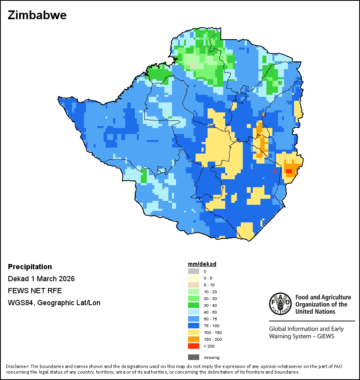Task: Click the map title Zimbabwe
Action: coord(37,15)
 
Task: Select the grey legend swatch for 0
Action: coord(194,271)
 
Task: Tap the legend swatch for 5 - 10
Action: coord(194,285)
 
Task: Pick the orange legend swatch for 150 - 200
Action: coord(194,339)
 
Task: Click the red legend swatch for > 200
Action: coord(194,346)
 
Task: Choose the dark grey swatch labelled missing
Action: coord(194,357)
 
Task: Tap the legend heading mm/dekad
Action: coord(202,264)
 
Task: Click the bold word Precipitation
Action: coord(30,267)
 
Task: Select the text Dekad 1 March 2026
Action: coord(41,279)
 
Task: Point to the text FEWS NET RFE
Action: coord(35,291)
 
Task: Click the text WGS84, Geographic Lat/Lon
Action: coord(54,303)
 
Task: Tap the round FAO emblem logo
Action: coord(280,304)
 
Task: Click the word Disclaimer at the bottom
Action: coord(17,366)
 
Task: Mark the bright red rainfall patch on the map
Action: coord(289,171)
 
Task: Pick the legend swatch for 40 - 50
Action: coord(194,312)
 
